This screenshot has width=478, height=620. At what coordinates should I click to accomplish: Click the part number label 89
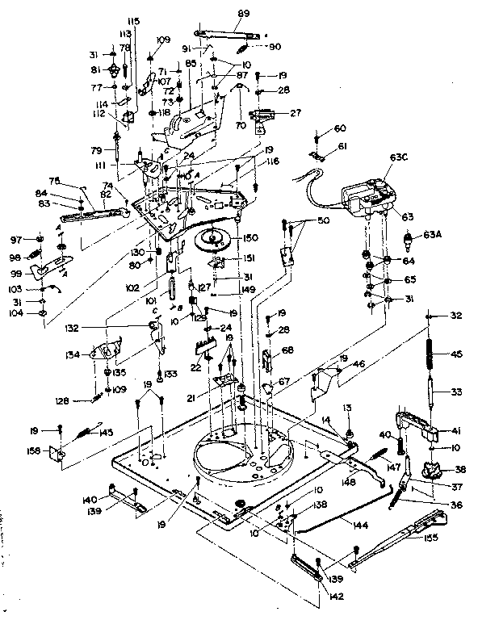click(x=245, y=14)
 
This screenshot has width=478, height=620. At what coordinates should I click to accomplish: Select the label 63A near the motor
click(x=431, y=236)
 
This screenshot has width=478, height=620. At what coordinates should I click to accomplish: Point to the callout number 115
click(x=133, y=20)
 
